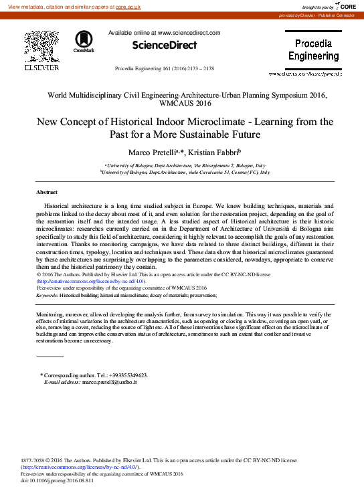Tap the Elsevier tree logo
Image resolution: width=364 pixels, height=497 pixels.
41,47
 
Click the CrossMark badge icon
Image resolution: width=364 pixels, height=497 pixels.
84,41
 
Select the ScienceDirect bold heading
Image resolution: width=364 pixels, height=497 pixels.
164,45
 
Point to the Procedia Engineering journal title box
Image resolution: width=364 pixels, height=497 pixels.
314,49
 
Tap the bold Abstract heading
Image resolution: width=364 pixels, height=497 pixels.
46,192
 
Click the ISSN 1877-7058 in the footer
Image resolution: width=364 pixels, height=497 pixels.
34,460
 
